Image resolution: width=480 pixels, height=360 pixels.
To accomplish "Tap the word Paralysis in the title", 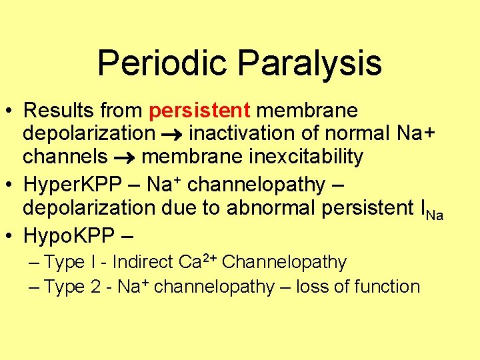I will point(309,63).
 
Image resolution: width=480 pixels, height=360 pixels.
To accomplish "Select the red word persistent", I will point(200,109).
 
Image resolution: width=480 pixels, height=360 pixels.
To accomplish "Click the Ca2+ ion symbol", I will point(197,261).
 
